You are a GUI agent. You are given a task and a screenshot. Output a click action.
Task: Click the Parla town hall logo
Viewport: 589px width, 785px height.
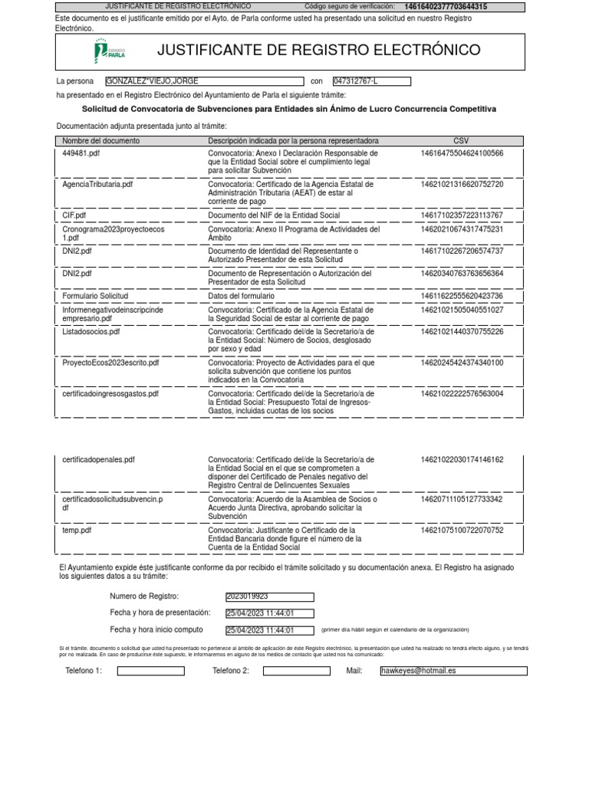click(x=109, y=51)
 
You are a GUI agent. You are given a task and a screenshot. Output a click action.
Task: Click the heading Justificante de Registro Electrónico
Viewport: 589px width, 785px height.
click(x=318, y=51)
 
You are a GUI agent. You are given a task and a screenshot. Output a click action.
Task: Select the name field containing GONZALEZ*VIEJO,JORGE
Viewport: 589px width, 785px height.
click(x=204, y=81)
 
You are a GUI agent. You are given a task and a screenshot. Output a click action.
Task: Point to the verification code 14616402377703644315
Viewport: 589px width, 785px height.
click(x=446, y=7)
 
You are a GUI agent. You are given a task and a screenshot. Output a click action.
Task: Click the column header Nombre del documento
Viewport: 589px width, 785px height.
click(x=100, y=141)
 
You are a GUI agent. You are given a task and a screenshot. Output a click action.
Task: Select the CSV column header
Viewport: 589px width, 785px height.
click(x=461, y=141)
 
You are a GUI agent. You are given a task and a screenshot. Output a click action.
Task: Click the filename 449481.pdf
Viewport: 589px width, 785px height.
click(x=81, y=153)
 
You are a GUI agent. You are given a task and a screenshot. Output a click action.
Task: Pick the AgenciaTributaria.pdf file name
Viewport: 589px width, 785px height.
click(x=97, y=185)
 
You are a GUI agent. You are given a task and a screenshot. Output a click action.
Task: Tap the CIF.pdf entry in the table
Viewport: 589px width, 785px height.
click(x=74, y=216)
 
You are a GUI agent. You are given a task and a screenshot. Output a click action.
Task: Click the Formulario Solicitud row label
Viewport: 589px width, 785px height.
click(x=95, y=296)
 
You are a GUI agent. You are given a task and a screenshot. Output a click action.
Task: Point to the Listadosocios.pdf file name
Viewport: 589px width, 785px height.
click(x=91, y=332)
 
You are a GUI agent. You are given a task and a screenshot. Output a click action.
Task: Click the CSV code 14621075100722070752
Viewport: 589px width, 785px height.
click(x=462, y=530)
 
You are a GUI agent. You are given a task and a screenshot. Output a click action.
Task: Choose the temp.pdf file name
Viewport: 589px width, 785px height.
click(x=77, y=530)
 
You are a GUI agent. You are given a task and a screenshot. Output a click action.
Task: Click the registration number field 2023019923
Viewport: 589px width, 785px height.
click(x=269, y=596)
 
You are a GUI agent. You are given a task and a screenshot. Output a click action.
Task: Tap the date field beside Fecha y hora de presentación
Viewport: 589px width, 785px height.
click(x=269, y=613)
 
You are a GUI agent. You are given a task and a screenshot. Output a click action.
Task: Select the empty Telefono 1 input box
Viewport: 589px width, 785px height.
click(x=150, y=671)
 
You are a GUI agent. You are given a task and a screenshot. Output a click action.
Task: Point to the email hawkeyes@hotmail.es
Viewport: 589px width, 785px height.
click(x=453, y=671)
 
